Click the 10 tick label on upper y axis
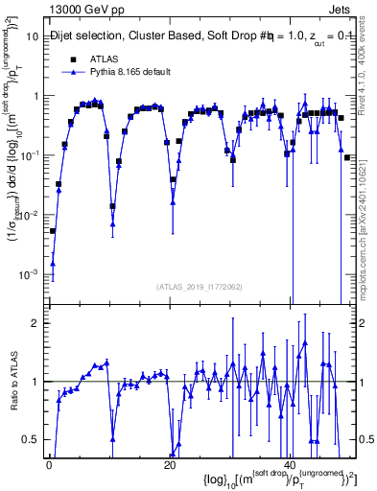pos(31,36)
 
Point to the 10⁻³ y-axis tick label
pos(29,274)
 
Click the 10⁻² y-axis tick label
pos(29,215)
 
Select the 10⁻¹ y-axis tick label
pos(29,155)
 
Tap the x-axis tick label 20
pos(170,465)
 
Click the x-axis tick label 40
pos(291,465)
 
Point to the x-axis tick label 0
pos(49,465)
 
